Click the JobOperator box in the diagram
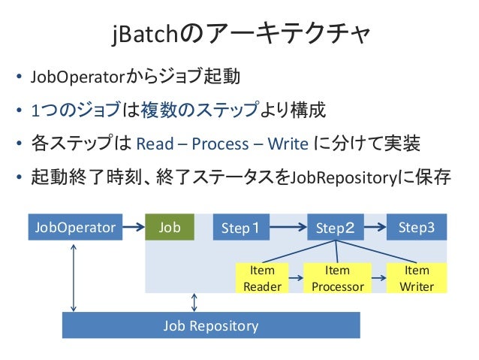(75, 227)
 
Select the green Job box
(170, 227)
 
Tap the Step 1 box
(241, 227)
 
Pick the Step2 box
(336, 227)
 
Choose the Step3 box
(417, 227)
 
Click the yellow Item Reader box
(262, 278)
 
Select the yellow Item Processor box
(338, 278)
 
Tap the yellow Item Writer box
(417, 278)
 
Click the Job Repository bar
(211, 325)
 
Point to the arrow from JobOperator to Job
(134, 227)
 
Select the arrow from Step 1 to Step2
(288, 227)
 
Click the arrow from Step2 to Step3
(375, 227)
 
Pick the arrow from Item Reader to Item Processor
(296, 278)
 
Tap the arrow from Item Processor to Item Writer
(379, 278)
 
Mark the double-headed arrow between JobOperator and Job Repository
(74, 278)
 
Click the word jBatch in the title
(145, 34)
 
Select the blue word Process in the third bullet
(220, 144)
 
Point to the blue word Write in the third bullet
(288, 144)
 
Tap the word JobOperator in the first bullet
(77, 77)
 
